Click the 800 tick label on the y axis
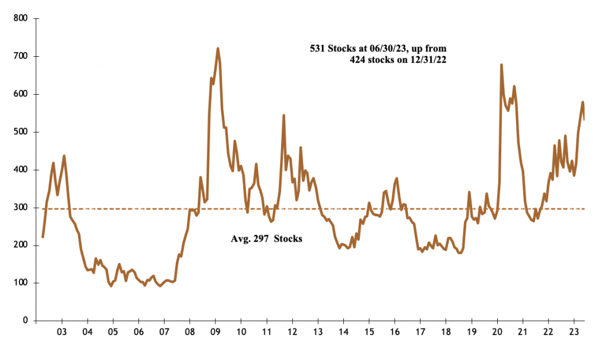tap(21, 19)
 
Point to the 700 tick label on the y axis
tap(21, 57)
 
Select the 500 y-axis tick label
tap(21, 132)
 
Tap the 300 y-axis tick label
tap(21, 208)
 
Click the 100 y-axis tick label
tap(21, 283)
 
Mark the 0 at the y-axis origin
tap(25, 321)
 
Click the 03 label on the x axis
tap(62, 332)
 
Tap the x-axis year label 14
tap(343, 332)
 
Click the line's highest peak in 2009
tap(218, 49)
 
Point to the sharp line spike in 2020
tap(501, 65)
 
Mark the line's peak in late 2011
tap(283, 115)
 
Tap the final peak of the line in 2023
tap(582, 102)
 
